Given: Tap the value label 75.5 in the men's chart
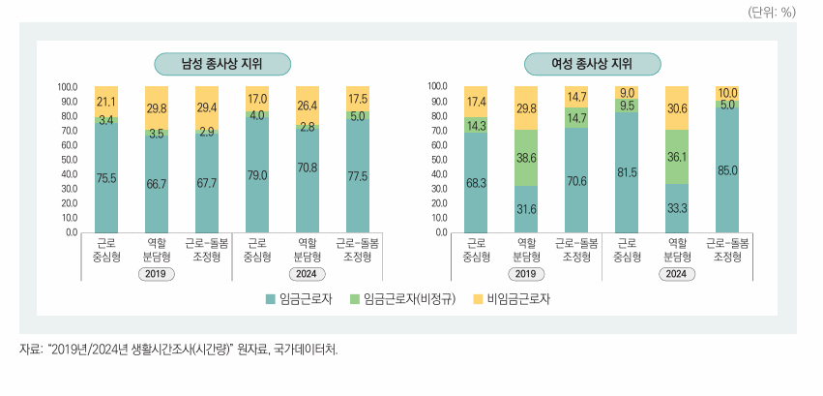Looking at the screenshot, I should tap(106, 178).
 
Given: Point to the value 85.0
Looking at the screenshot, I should tap(727, 171).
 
